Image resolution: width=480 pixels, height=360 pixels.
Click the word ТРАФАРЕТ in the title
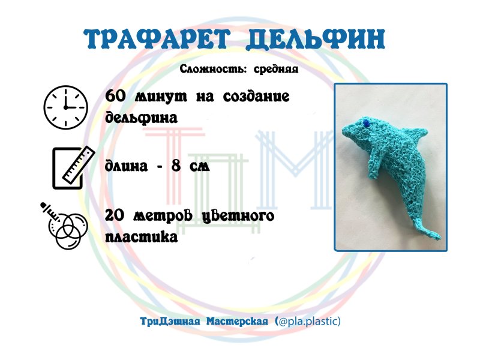pos(160,40)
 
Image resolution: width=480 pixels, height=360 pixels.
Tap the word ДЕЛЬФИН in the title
pos(316,40)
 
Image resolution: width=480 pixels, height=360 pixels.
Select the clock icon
pos(65,107)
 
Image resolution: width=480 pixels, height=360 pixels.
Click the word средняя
pos(276,70)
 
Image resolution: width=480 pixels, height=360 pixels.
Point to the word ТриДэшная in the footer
pos(170,322)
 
